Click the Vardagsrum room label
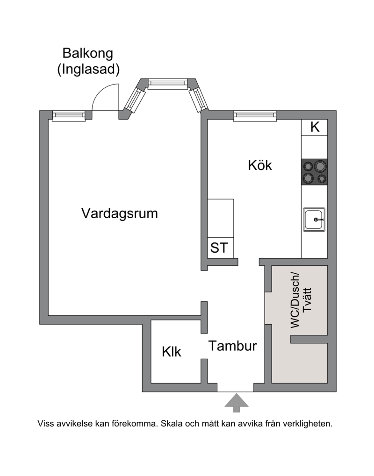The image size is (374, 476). click(119, 213)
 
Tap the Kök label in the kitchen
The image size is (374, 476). click(260, 165)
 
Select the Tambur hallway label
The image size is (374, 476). click(232, 346)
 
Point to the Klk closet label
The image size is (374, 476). click(172, 352)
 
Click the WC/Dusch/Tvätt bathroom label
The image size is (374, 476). click(301, 300)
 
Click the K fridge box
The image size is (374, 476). click(315, 127)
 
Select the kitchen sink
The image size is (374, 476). click(314, 220)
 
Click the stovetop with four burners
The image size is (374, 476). click(315, 172)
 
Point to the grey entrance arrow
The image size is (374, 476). click(237, 403)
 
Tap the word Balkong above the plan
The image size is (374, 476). click(88, 53)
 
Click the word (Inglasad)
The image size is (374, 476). click(88, 69)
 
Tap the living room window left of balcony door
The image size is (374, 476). click(69, 116)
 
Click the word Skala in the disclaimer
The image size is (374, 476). click(171, 424)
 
